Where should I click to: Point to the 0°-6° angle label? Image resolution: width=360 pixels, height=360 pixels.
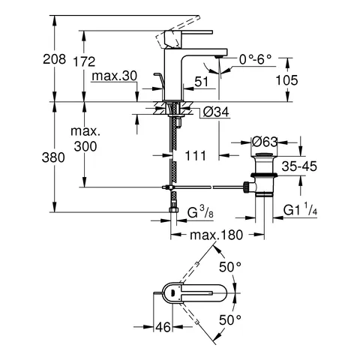click(256, 58)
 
